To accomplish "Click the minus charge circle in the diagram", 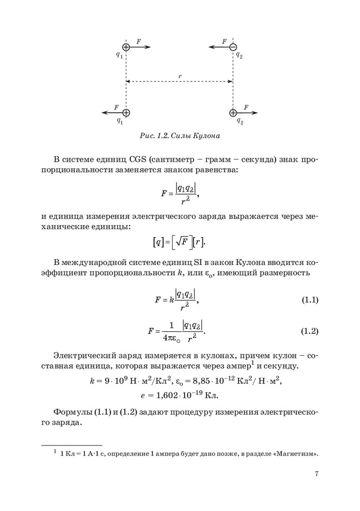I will pos(232,47).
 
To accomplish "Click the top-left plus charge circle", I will pos(126,47).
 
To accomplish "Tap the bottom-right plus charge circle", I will pos(232,113).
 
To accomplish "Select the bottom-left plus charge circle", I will pos(126,113).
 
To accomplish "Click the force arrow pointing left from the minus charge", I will pos(218,47).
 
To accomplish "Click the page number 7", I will pos(317,474).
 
